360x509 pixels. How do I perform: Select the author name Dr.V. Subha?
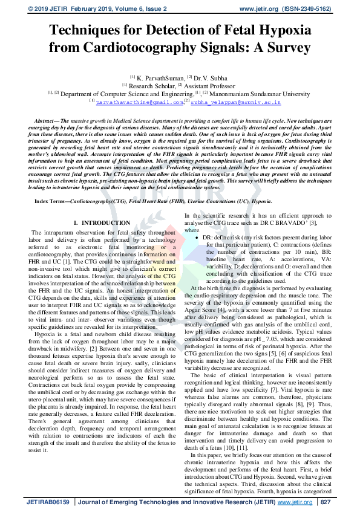pyautogui.click(x=212, y=77)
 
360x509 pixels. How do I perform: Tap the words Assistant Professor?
pyautogui.click(x=212, y=86)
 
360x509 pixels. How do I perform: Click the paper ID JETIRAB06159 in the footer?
pyautogui.click(x=48, y=502)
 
